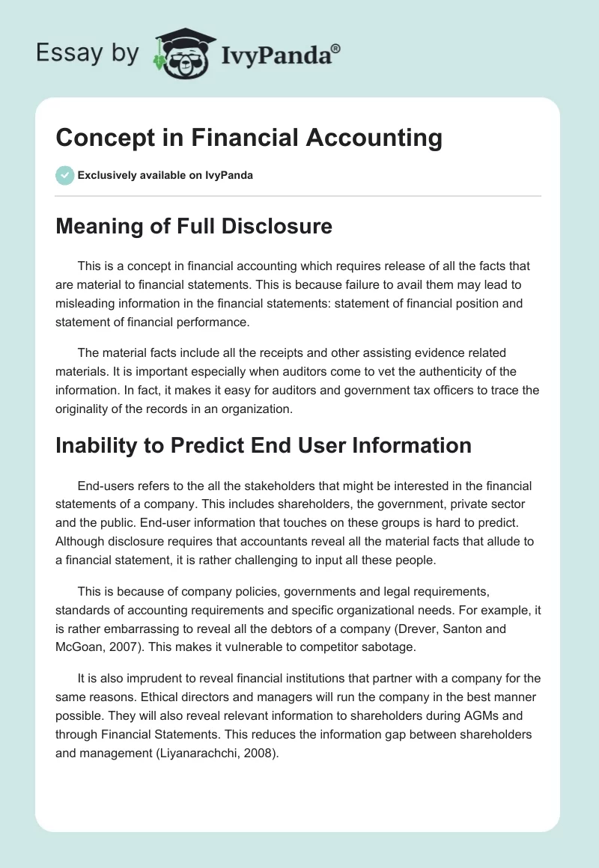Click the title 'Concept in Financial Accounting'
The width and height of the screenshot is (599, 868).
pyautogui.click(x=249, y=138)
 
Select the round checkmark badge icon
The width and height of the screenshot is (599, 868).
pyautogui.click(x=64, y=175)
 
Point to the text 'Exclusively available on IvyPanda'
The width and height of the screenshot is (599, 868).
pyautogui.click(x=165, y=176)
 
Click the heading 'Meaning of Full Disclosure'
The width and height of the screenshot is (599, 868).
pyautogui.click(x=194, y=226)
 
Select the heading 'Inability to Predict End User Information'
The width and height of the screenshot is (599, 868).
pyautogui.click(x=264, y=445)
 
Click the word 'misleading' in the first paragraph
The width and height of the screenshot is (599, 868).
pyautogui.click(x=89, y=304)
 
